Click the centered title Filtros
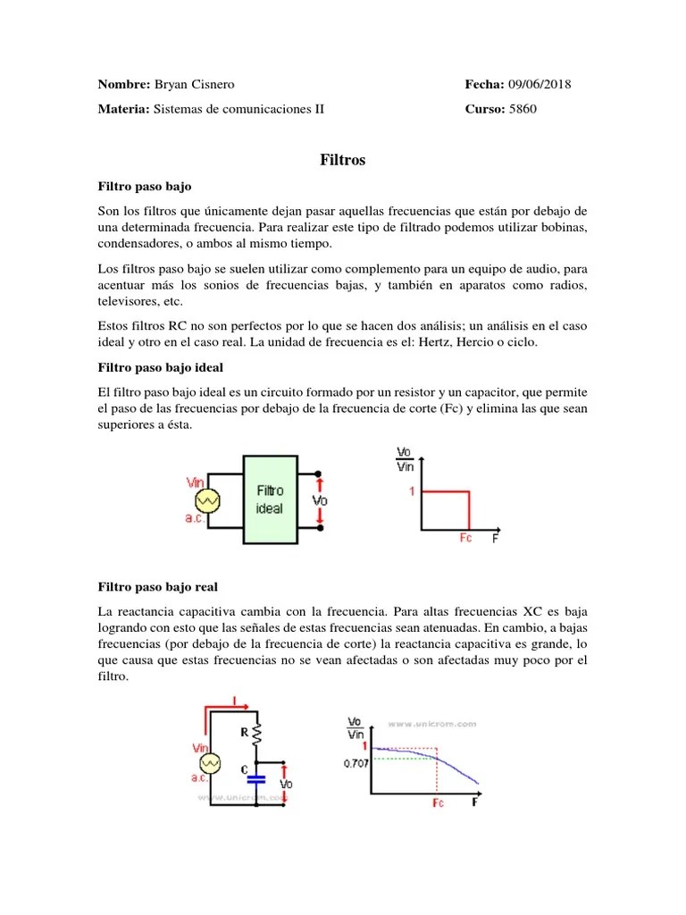tap(343, 161)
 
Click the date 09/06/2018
tap(540, 85)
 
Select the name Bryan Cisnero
tap(194, 85)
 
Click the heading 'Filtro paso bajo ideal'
tap(161, 367)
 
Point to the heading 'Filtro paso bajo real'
tap(157, 587)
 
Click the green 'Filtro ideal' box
tap(270, 499)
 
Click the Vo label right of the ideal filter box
tap(321, 500)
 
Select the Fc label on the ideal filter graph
tap(465, 539)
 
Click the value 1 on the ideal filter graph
tap(413, 491)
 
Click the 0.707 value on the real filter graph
tap(356, 764)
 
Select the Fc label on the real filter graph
tap(438, 803)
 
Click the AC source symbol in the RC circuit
tap(210, 762)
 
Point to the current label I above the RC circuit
tap(235, 701)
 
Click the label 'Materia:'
tap(123, 110)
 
